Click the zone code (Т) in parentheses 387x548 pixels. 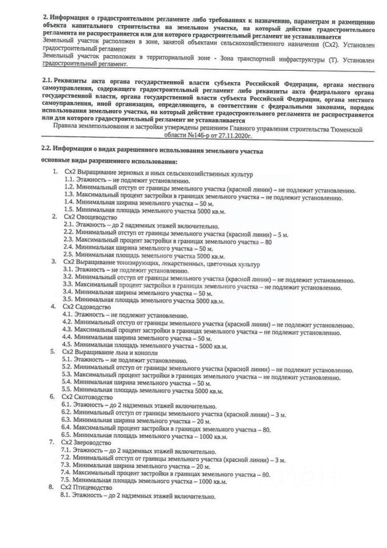(305, 60)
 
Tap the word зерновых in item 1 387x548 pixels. (127, 173)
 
